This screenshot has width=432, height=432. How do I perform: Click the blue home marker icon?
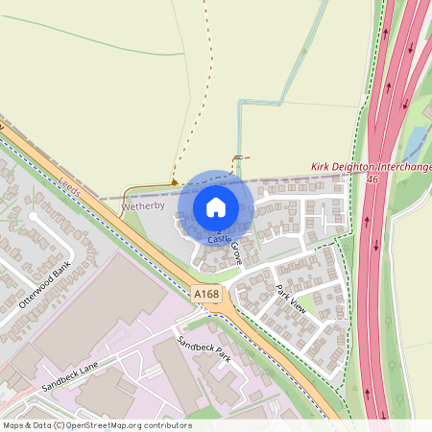(x=216, y=206)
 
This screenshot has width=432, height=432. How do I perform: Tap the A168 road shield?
(x=204, y=294)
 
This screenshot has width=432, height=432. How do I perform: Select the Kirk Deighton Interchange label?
(x=371, y=167)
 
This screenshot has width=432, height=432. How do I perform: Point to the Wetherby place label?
(x=143, y=205)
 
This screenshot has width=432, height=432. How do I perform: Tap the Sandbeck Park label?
(x=204, y=349)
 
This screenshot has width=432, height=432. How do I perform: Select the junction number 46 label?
(x=372, y=179)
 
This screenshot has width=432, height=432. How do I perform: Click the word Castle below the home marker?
(x=220, y=237)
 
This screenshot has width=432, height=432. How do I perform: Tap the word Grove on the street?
(x=236, y=253)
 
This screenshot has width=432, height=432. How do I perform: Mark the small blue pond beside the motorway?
(x=414, y=145)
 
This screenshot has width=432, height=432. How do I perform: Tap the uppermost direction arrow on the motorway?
(x=386, y=31)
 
